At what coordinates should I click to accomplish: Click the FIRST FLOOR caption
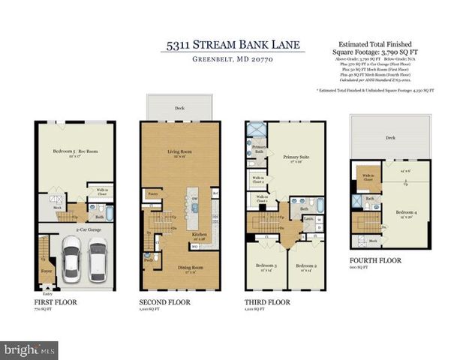click(56, 302)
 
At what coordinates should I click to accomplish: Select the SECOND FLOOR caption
click(164, 302)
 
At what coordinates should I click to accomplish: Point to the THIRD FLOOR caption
click(266, 302)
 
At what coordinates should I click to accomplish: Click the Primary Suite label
click(296, 158)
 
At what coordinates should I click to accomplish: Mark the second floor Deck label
click(181, 108)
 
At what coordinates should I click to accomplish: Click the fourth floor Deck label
click(390, 137)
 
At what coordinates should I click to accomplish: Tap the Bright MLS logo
click(30, 349)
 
